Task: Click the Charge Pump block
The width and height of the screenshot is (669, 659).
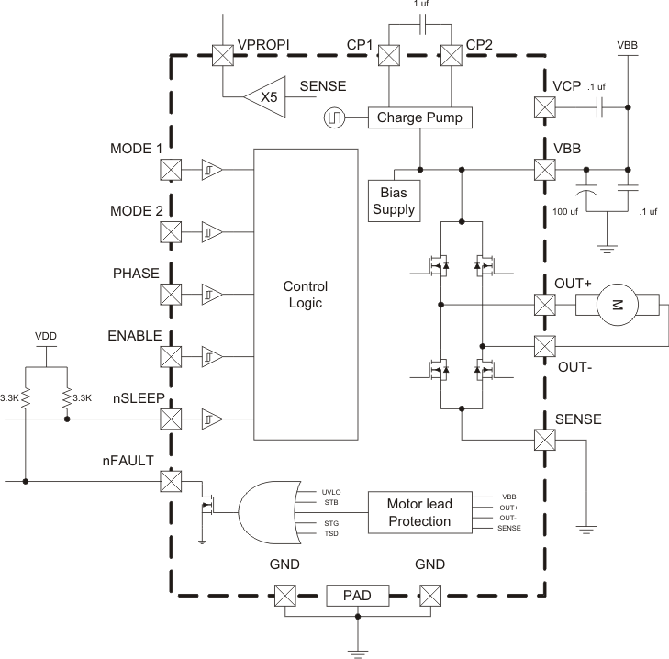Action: [419, 118]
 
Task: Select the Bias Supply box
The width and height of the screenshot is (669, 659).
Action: [393, 200]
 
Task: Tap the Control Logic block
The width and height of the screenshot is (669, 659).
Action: [304, 295]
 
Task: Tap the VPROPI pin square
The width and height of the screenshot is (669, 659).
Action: [223, 55]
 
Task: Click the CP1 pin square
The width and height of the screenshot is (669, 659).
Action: [389, 55]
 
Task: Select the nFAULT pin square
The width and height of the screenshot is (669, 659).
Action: [170, 480]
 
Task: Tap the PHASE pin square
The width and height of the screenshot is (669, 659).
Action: [170, 295]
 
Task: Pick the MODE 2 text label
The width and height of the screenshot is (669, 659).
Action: [136, 210]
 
